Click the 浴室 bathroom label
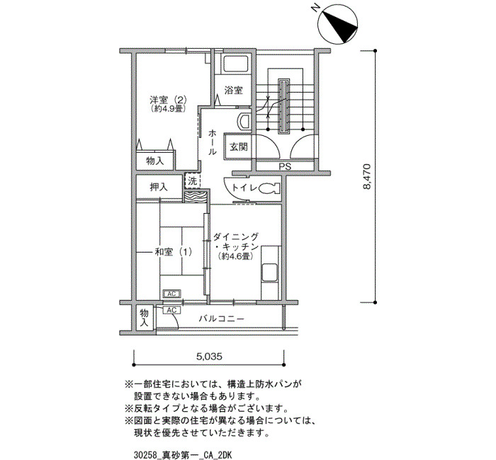click(233, 91)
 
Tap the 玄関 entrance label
click(239, 146)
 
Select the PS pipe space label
click(285, 166)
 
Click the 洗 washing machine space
click(193, 181)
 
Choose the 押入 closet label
click(159, 187)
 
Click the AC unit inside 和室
click(171, 294)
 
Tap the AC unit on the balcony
click(171, 310)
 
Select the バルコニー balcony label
click(221, 318)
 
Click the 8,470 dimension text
click(366, 176)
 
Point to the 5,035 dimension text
click(209, 357)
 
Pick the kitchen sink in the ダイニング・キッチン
click(269, 272)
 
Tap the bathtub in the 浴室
click(237, 64)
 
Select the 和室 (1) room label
click(173, 252)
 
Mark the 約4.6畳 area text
click(236, 256)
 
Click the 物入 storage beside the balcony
click(145, 318)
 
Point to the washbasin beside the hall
click(244, 121)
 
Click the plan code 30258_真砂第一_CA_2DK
click(183, 455)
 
